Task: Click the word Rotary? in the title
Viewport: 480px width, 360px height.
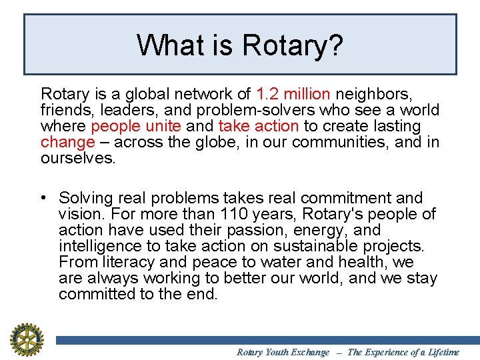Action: (x=293, y=45)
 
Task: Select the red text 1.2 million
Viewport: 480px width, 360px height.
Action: (x=293, y=94)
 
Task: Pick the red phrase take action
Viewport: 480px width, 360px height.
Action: (x=258, y=126)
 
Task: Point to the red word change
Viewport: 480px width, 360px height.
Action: (x=67, y=142)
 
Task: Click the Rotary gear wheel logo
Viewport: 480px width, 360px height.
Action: (x=26, y=339)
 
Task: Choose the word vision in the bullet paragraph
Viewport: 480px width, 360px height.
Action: (x=78, y=214)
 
